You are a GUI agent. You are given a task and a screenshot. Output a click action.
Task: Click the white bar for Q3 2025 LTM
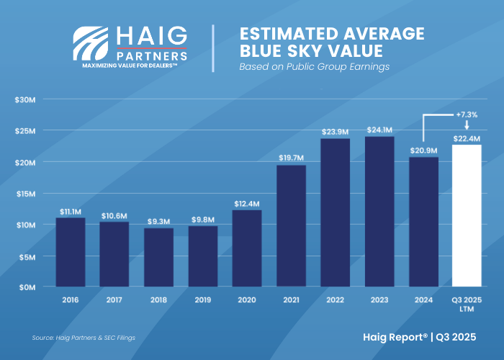click(x=466, y=216)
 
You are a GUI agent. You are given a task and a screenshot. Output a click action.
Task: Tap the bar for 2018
click(x=158, y=257)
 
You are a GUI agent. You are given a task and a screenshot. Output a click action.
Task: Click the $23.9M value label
click(x=335, y=132)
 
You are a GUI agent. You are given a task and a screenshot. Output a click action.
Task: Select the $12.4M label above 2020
click(x=247, y=204)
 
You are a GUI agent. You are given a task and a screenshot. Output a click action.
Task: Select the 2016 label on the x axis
click(x=71, y=299)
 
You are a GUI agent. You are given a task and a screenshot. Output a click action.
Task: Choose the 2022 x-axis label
click(x=335, y=299)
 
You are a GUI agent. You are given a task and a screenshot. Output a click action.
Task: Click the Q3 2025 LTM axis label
click(x=467, y=303)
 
